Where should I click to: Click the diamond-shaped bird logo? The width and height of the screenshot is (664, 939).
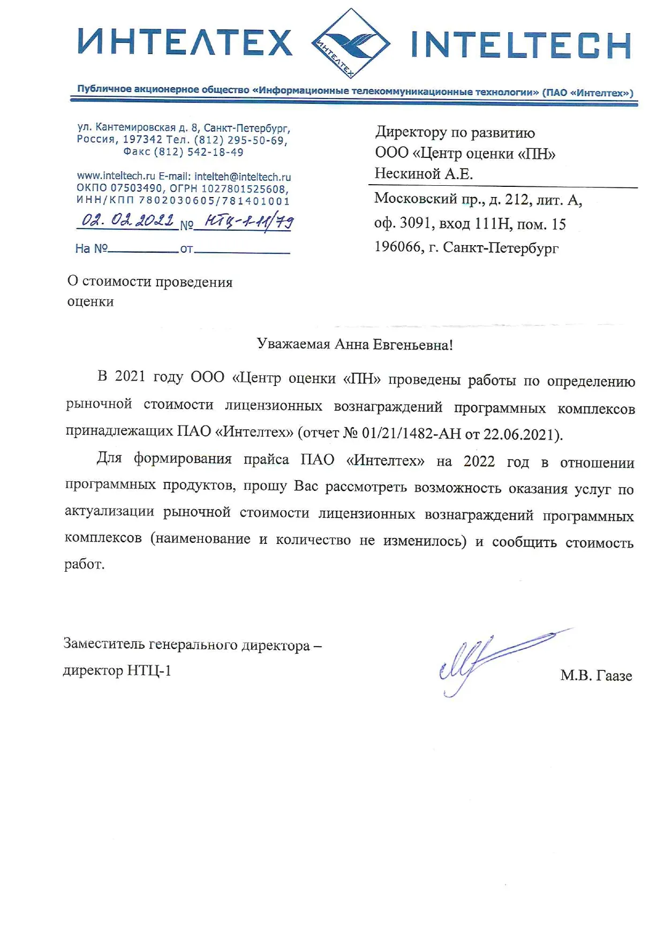[351, 43]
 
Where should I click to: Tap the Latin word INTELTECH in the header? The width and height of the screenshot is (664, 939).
[521, 45]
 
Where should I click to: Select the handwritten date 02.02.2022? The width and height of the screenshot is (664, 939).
[127, 220]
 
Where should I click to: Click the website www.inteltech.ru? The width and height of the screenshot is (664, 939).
[116, 176]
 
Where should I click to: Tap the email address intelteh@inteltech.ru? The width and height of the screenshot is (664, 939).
[243, 177]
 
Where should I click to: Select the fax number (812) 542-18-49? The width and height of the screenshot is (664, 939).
[198, 152]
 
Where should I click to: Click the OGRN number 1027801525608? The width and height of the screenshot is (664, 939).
[244, 188]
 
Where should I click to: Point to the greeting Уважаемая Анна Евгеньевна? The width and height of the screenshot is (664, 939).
[354, 344]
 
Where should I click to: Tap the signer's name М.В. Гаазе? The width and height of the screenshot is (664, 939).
[596, 676]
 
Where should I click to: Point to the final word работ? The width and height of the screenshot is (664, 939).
[84, 564]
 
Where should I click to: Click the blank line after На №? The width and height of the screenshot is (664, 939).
[143, 249]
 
